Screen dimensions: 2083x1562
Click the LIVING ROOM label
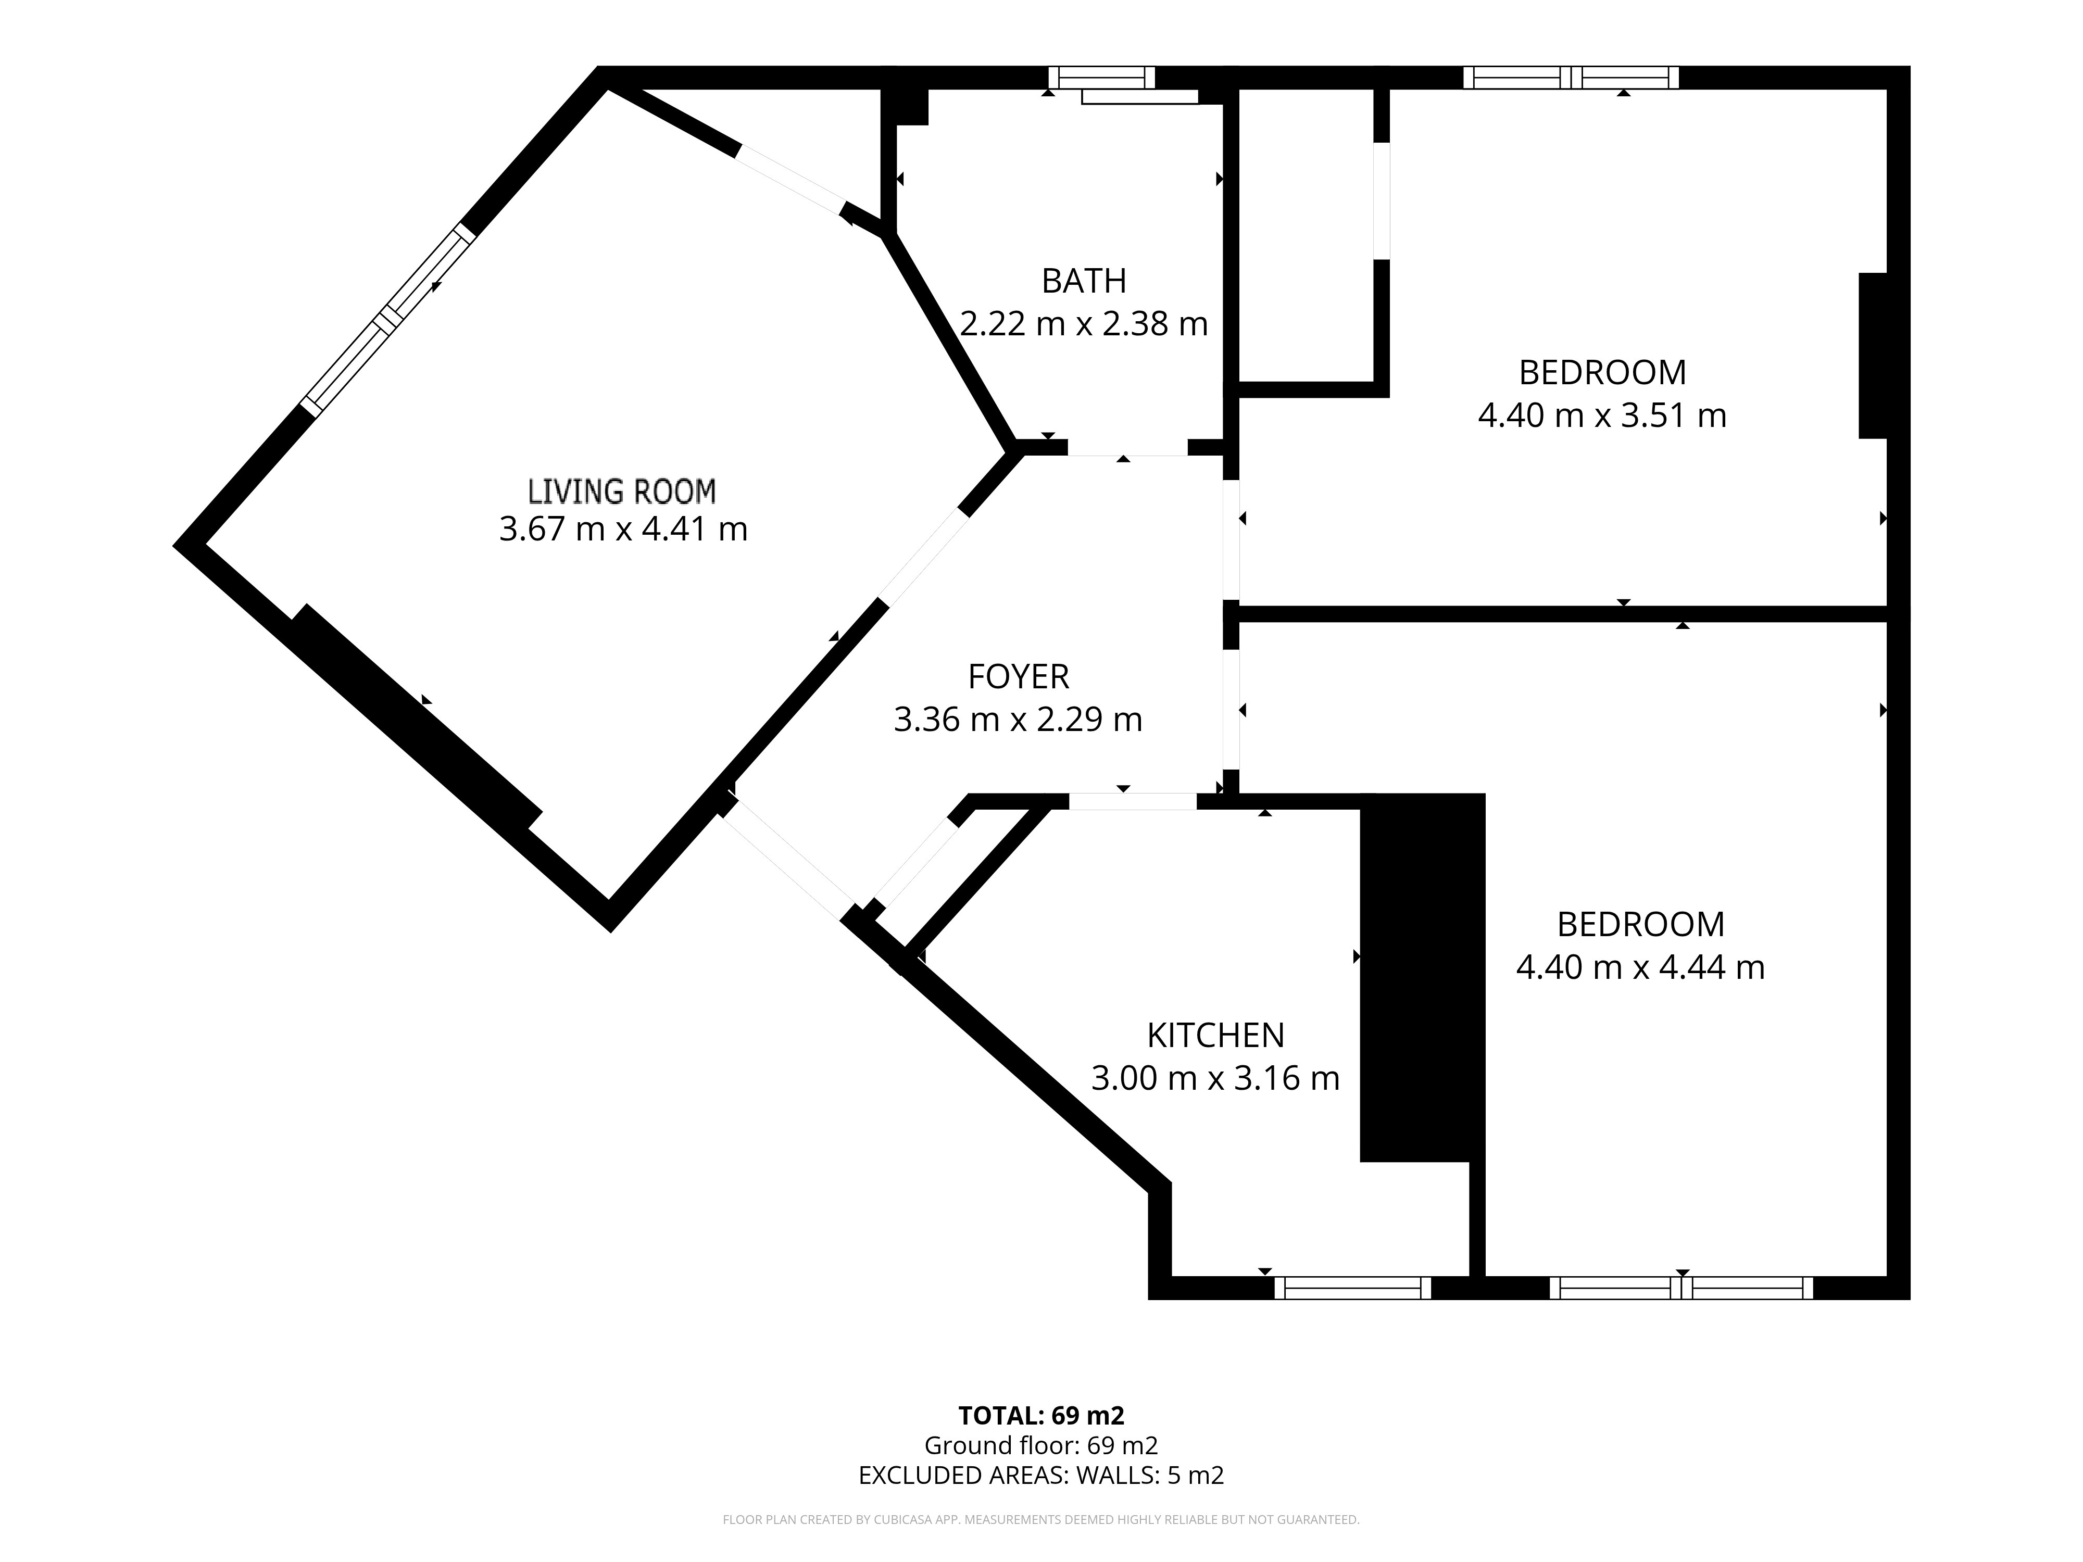[621, 492]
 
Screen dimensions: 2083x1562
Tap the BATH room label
[1084, 281]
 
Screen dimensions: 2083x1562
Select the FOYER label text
[1018, 676]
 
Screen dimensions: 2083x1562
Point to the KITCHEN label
[1215, 1035]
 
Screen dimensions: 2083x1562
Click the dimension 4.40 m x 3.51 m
[1602, 415]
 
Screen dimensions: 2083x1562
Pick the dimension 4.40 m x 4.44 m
[1640, 967]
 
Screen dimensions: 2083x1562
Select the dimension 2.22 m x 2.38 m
[1084, 324]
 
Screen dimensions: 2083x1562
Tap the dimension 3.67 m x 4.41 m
[622, 529]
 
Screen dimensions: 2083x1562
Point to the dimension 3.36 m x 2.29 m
[1018, 720]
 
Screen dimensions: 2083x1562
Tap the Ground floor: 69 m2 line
[1041, 1445]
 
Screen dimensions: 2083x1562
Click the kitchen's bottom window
[1352, 1288]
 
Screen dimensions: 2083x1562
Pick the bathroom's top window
[1102, 77]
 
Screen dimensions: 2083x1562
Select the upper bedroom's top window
[1571, 77]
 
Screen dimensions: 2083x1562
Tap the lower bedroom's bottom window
[1681, 1288]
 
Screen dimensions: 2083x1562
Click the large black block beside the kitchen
[1422, 977]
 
